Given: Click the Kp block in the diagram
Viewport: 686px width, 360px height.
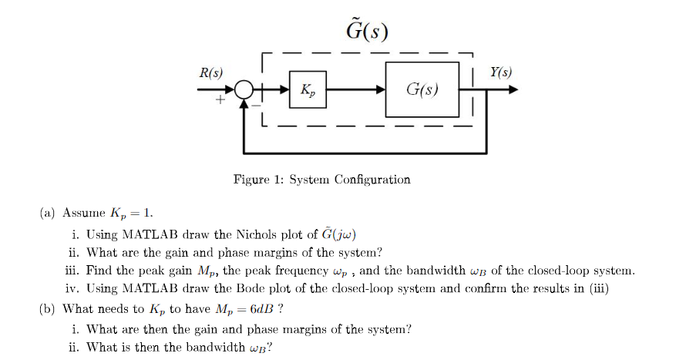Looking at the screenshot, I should [308, 90].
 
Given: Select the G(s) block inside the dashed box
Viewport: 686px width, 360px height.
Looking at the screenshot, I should [422, 90].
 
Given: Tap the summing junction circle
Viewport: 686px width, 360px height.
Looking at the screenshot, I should [244, 91].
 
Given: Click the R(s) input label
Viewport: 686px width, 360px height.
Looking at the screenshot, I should [210, 73].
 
